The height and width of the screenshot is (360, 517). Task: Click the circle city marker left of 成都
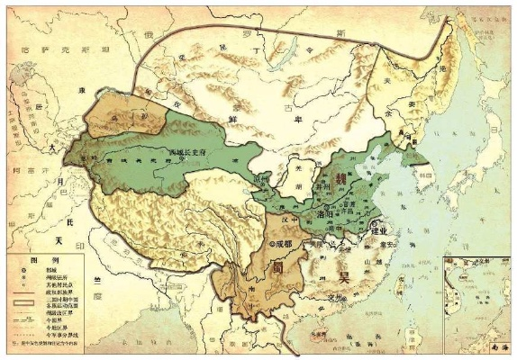click(x=271, y=242)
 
